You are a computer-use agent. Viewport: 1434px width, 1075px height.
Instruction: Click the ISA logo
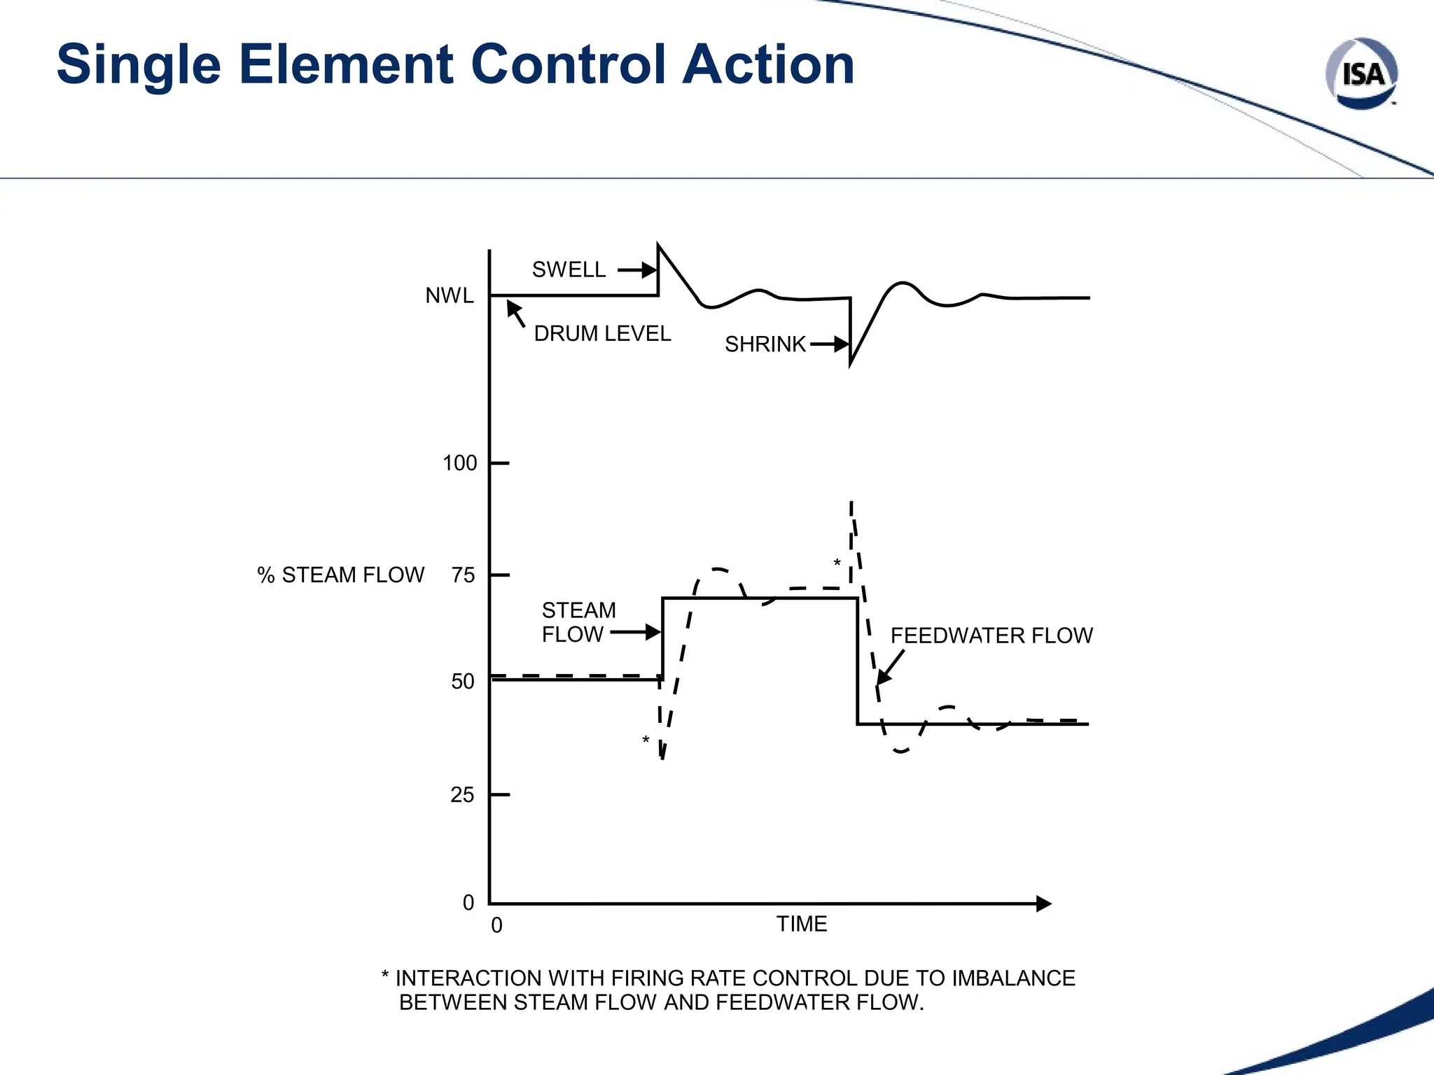(1361, 73)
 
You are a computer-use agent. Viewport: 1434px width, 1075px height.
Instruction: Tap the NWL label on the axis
(450, 296)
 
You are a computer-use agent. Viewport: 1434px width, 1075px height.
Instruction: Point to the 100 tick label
(459, 463)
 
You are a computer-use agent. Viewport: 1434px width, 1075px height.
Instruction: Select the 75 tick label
(463, 575)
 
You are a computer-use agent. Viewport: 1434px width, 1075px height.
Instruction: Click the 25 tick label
(462, 795)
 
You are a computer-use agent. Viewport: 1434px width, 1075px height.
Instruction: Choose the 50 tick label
(463, 682)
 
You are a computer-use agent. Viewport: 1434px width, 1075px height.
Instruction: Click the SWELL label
(569, 270)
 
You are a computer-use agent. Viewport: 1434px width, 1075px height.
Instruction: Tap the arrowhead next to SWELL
(649, 270)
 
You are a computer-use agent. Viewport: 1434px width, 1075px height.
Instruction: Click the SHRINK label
(765, 344)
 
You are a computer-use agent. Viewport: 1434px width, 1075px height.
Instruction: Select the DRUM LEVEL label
(602, 334)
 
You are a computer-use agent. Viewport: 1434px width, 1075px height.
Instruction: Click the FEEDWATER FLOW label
(991, 635)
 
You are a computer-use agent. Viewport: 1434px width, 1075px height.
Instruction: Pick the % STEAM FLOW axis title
(340, 575)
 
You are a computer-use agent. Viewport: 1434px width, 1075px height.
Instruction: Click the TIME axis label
(802, 925)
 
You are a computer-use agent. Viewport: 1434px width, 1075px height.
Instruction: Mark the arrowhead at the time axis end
(1043, 904)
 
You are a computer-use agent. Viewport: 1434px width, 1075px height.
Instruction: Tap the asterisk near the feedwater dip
(646, 740)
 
